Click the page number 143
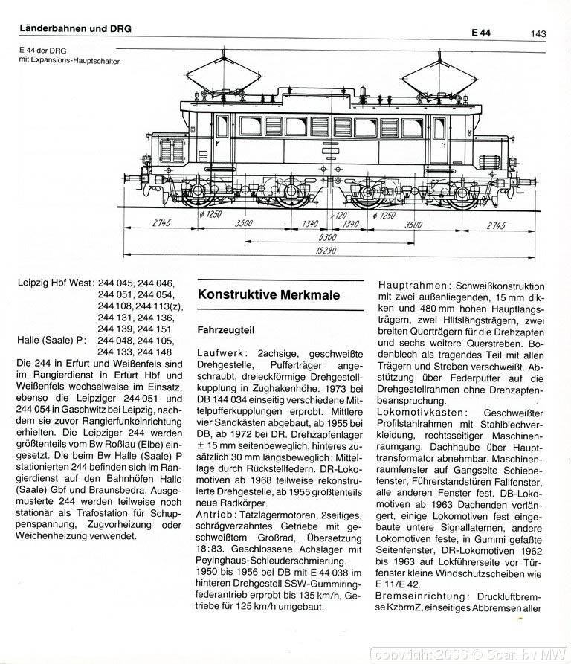point(539,33)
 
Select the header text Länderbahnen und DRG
point(75,28)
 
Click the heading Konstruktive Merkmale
point(268,295)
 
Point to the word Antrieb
point(216,514)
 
